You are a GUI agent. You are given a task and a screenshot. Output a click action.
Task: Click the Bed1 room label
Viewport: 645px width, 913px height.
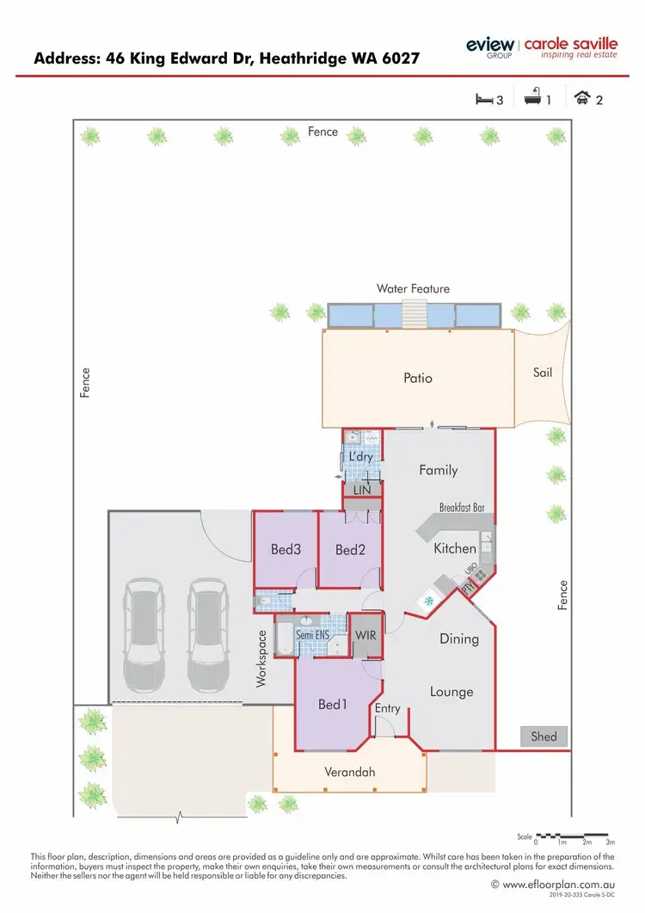pyautogui.click(x=332, y=705)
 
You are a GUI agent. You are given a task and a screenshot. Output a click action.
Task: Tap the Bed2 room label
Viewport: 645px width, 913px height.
pyautogui.click(x=350, y=550)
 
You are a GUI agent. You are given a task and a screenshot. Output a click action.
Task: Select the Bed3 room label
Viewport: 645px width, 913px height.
pyautogui.click(x=285, y=550)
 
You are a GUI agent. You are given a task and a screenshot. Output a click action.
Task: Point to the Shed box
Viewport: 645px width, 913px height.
pyautogui.click(x=544, y=736)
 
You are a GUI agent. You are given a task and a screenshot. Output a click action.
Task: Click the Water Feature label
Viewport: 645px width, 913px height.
pyautogui.click(x=413, y=289)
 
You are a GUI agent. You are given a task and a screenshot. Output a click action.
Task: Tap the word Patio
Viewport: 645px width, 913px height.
pyautogui.click(x=418, y=378)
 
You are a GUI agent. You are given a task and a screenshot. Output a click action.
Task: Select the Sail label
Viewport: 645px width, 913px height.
pyautogui.click(x=543, y=373)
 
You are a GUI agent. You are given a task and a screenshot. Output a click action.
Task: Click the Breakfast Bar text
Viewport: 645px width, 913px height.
pyautogui.click(x=462, y=508)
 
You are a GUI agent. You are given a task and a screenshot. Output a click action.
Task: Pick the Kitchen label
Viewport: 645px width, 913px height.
pyautogui.click(x=455, y=548)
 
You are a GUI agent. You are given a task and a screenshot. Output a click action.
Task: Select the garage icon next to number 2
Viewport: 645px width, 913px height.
pyautogui.click(x=583, y=99)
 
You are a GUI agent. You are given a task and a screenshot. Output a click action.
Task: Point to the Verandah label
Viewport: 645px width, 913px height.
pyautogui.click(x=349, y=772)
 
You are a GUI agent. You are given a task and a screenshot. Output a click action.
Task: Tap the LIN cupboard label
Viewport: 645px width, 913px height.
pyautogui.click(x=362, y=489)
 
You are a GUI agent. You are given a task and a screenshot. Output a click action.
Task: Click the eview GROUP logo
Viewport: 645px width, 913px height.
pyautogui.click(x=490, y=47)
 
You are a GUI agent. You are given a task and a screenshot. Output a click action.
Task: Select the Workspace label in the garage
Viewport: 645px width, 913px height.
pyautogui.click(x=263, y=659)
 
